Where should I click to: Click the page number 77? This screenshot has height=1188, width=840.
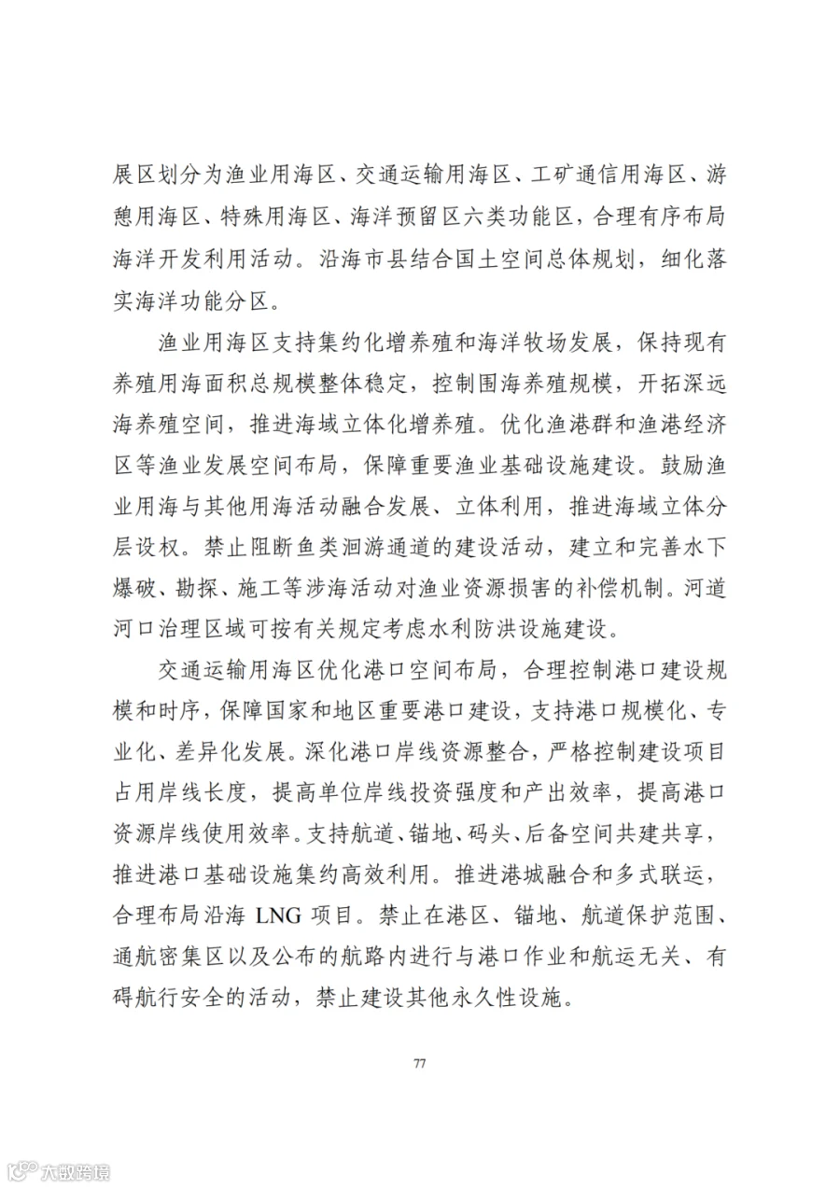click(x=419, y=1065)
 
